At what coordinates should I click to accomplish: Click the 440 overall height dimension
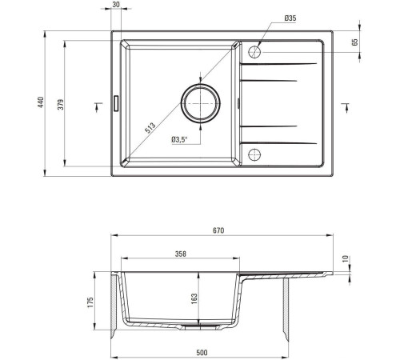tap(40, 102)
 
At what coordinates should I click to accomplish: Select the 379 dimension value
tap(61, 105)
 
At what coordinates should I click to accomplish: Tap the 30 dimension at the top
tap(116, 4)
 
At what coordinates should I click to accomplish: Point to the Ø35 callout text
tap(290, 18)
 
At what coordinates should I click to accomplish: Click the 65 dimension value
tap(355, 42)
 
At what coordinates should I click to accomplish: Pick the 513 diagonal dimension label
tap(150, 128)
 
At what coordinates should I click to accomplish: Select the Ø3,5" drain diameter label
tap(179, 139)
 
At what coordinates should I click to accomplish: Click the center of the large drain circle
tap(201, 103)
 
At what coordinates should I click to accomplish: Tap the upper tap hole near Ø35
tap(254, 52)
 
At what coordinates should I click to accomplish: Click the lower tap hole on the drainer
tap(254, 154)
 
